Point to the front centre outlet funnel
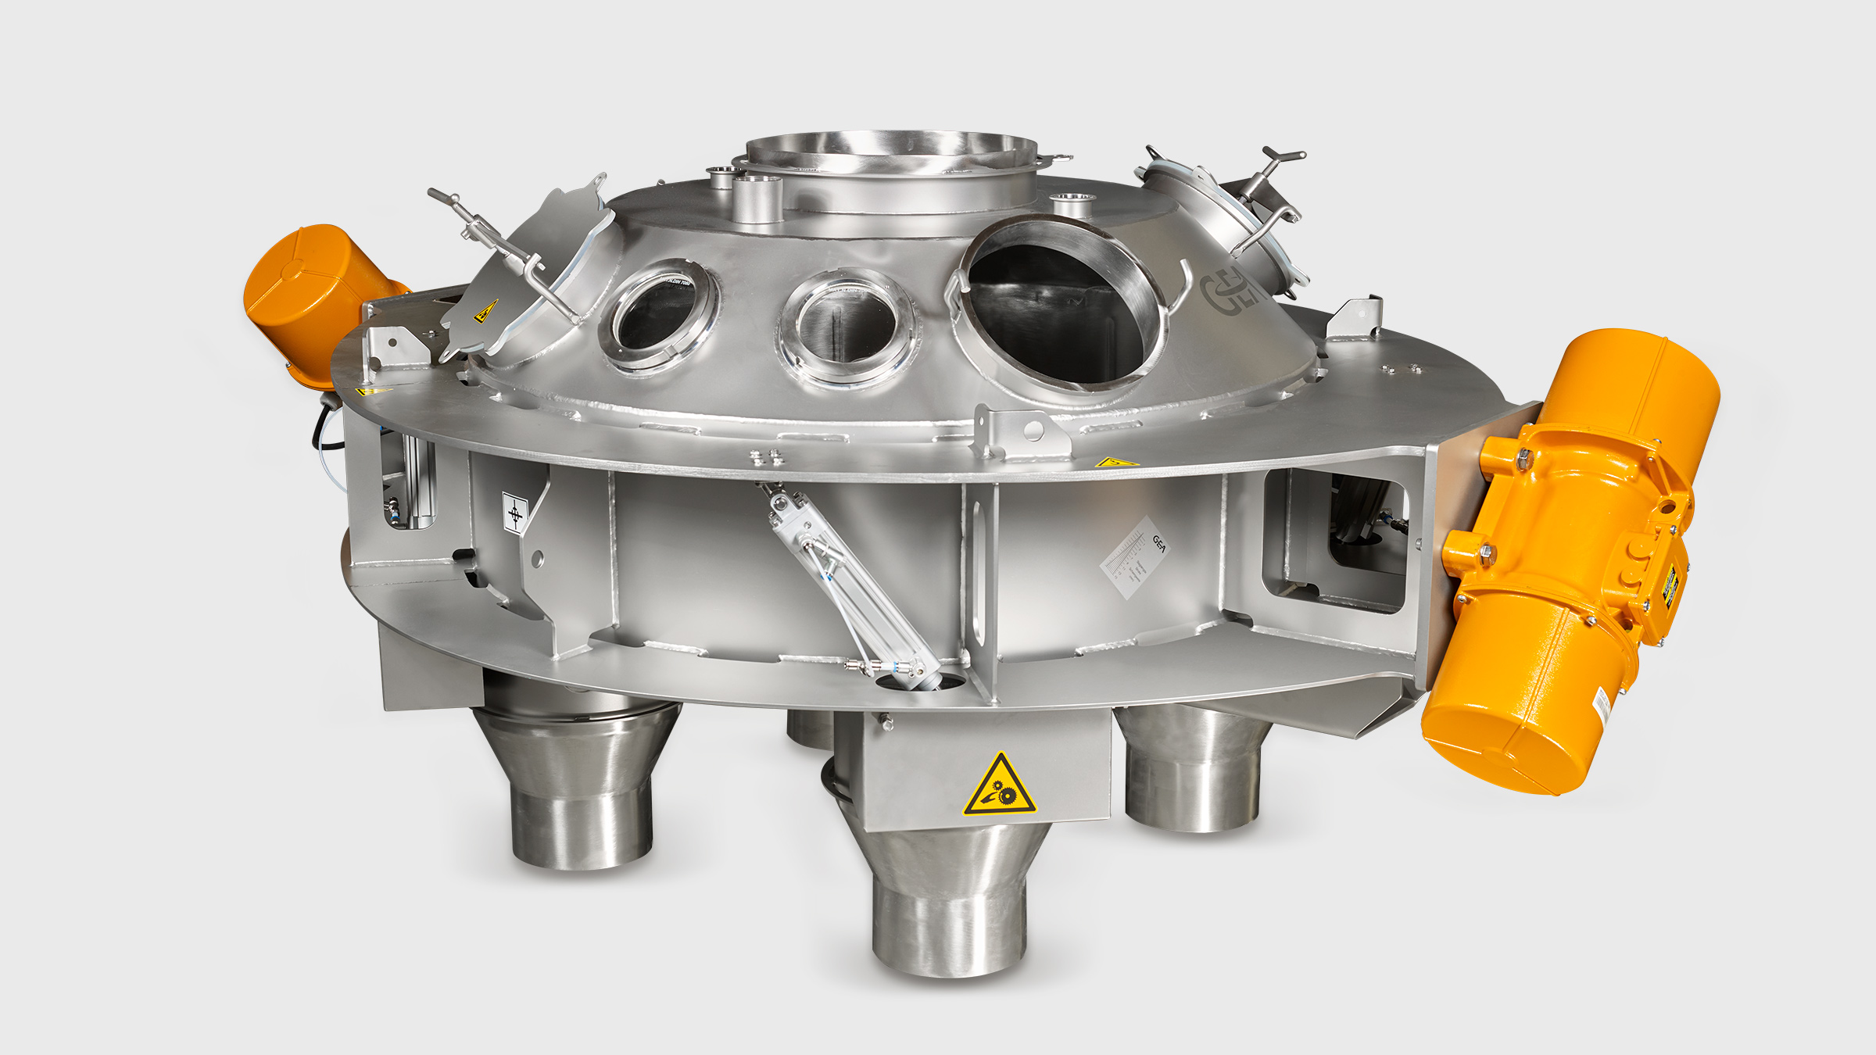(947, 899)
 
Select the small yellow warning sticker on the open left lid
(485, 310)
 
